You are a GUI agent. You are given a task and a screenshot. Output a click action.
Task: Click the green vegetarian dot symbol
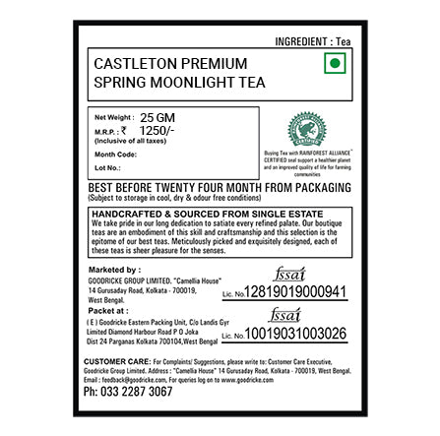click(335, 63)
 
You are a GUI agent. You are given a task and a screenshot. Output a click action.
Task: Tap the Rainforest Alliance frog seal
click(306, 128)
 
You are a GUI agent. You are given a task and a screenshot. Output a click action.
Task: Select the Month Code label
click(115, 154)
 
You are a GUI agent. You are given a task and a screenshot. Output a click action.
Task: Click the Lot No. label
click(106, 167)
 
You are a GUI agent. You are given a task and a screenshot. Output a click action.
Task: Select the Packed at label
click(105, 309)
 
